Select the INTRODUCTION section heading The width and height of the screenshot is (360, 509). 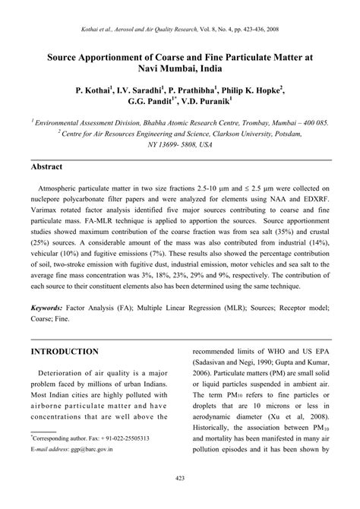(x=65, y=353)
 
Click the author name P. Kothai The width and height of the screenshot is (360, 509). (x=93, y=90)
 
